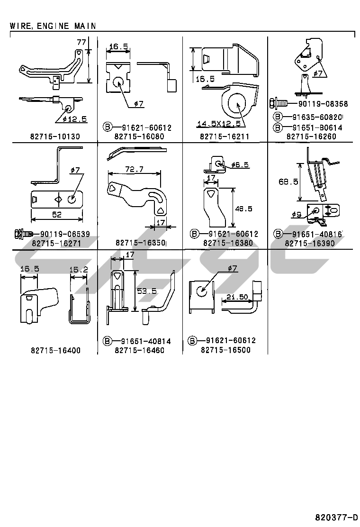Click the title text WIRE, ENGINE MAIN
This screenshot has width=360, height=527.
tap(53, 26)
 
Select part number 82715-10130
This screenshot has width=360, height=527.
tap(55, 136)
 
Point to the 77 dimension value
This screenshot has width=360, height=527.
tap(81, 43)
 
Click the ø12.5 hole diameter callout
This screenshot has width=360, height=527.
tap(74, 119)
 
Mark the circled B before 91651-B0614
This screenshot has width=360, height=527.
tap(278, 127)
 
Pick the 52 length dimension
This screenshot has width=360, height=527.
tap(57, 215)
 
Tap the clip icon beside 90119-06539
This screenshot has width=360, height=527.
tap(22, 234)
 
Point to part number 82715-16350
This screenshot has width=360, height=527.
tap(140, 243)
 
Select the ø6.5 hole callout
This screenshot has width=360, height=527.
tap(241, 165)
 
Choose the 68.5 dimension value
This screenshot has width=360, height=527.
tap(288, 182)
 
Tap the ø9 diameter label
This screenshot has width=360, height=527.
tap(297, 214)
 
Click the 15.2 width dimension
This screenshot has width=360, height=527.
tap(79, 269)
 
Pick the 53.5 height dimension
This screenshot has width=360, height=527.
tap(146, 291)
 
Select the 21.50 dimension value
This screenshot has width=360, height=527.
tap(236, 297)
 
